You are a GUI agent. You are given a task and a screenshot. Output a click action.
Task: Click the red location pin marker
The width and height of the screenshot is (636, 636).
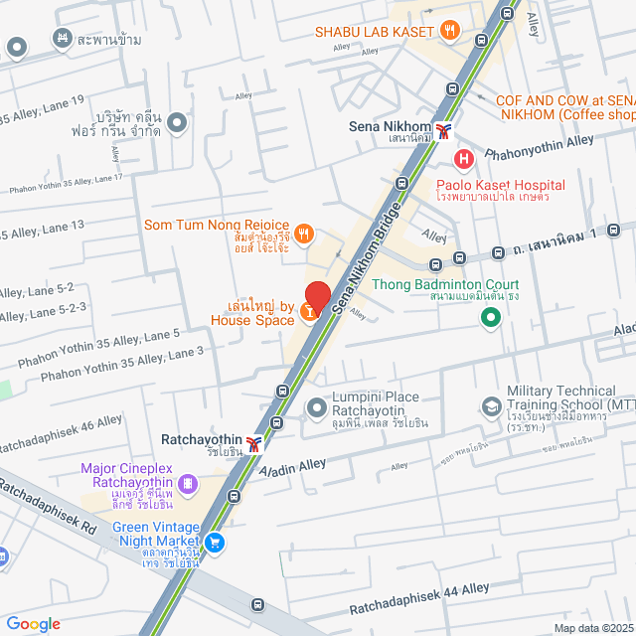pyautogui.click(x=316, y=296)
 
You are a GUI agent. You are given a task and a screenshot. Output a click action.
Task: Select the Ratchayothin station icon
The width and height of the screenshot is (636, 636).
pyautogui.click(x=255, y=443)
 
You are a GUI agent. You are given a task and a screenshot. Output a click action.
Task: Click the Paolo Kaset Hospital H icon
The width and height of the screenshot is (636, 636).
pyautogui.click(x=463, y=157)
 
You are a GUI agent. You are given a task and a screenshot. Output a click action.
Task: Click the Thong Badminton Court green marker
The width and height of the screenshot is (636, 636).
pyautogui.click(x=490, y=318)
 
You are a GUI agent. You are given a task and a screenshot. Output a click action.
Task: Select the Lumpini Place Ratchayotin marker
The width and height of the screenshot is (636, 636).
pyautogui.click(x=316, y=407)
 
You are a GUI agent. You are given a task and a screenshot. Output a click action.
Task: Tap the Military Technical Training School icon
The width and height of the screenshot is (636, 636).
pyautogui.click(x=491, y=406)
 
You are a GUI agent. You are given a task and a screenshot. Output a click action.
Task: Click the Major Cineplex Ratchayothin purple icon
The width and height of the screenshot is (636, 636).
pyautogui.click(x=189, y=484)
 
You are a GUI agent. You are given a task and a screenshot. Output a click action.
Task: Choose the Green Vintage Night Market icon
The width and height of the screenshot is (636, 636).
pyautogui.click(x=216, y=543)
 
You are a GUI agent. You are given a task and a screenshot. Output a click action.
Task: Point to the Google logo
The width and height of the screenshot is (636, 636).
pyautogui.click(x=34, y=623)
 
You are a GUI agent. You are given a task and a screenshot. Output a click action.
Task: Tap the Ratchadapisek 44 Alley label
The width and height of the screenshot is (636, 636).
pyautogui.click(x=419, y=596)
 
